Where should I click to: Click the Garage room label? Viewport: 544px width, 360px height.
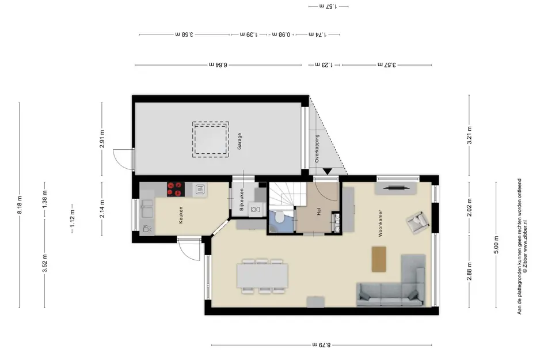click(239, 141)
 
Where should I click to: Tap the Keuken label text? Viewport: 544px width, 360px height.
click(181, 215)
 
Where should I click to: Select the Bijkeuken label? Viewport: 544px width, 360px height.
click(242, 200)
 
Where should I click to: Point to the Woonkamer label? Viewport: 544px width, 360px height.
click(381, 223)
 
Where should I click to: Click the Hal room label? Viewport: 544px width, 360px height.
click(319, 212)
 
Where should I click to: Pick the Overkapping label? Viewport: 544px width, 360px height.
click(317, 149)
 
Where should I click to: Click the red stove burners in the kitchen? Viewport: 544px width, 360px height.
click(175, 190)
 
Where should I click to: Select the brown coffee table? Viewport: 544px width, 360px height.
click(379, 259)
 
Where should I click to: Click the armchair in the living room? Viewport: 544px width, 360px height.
click(418, 222)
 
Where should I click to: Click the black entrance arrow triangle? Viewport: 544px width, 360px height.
click(328, 172)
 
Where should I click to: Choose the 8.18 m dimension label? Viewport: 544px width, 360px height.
click(20, 206)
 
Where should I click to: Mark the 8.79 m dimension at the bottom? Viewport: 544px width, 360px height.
click(322, 345)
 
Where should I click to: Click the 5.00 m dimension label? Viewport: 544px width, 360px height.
click(496, 245)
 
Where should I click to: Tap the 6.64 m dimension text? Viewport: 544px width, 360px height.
click(218, 65)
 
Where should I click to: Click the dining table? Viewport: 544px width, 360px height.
click(263, 276)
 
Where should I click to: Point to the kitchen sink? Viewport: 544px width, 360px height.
click(147, 209)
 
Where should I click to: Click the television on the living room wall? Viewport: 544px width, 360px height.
click(396, 188)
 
